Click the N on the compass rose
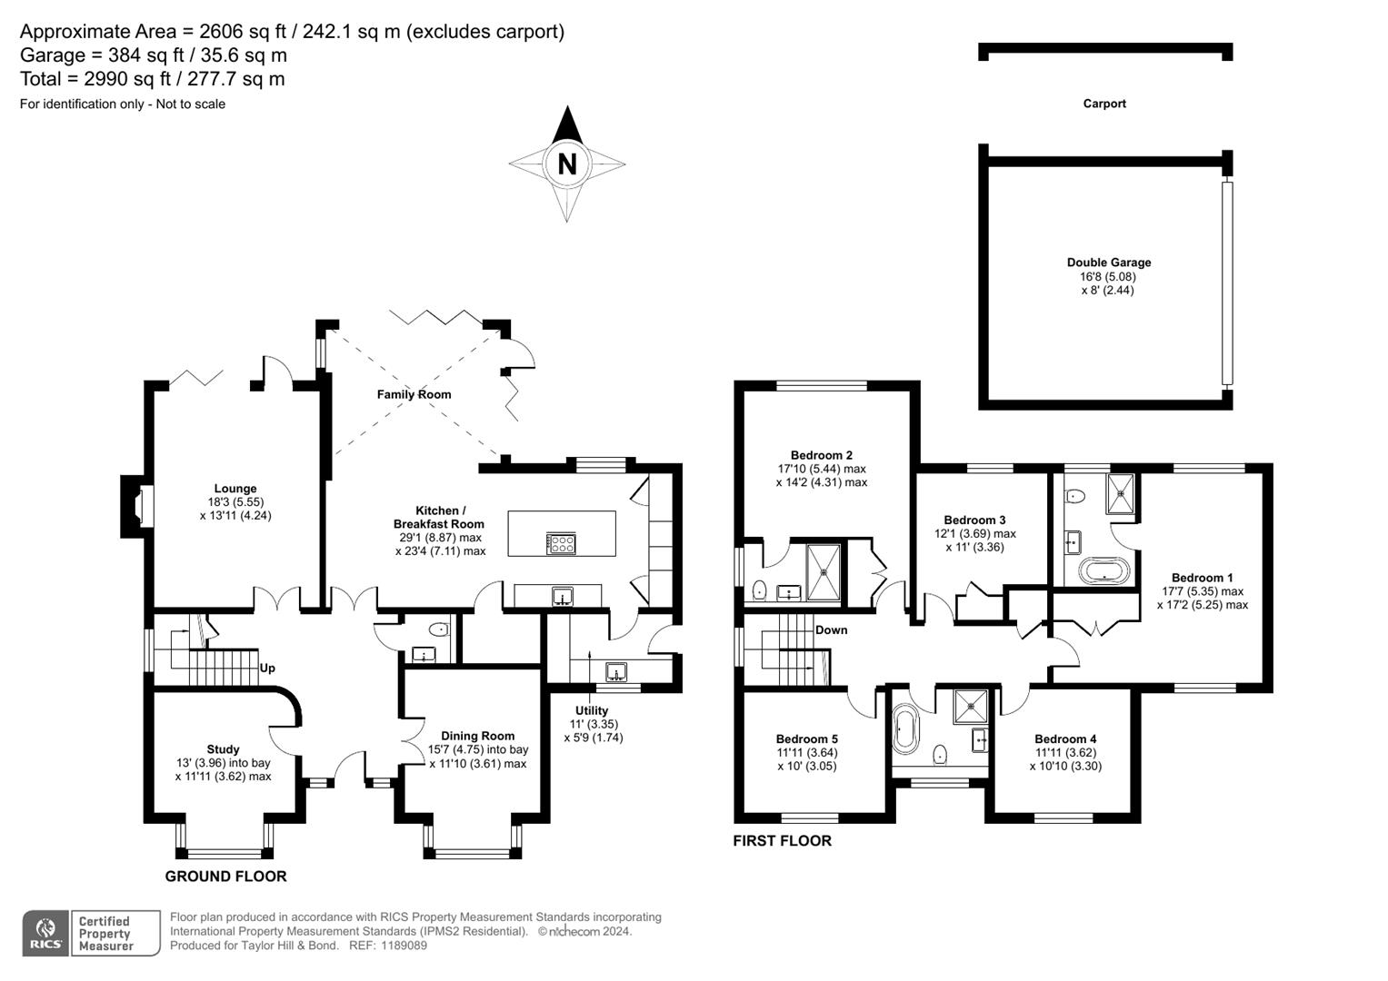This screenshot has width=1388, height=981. (x=567, y=164)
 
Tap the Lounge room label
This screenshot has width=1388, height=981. (x=235, y=489)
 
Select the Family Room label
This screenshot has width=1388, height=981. (x=414, y=394)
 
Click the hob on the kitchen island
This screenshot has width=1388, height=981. (x=561, y=543)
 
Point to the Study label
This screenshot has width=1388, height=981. (x=223, y=749)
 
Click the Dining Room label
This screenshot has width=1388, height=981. (x=477, y=736)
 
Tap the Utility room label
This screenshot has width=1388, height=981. (x=592, y=710)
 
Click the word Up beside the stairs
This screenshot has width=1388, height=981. (x=267, y=668)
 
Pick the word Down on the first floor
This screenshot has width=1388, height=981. (x=831, y=629)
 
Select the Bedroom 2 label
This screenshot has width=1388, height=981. (x=821, y=455)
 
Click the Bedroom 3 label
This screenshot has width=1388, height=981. (x=974, y=520)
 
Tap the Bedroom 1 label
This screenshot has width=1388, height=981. (x=1202, y=578)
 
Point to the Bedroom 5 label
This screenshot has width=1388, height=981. (x=806, y=738)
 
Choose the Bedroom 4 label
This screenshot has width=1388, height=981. (x=1065, y=738)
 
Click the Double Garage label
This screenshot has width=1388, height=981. (x=1108, y=263)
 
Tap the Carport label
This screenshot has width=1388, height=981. (x=1104, y=104)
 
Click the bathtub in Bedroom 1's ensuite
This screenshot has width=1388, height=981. (x=1103, y=571)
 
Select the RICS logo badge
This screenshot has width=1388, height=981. (x=45, y=933)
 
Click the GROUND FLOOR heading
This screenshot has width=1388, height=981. (x=225, y=877)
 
